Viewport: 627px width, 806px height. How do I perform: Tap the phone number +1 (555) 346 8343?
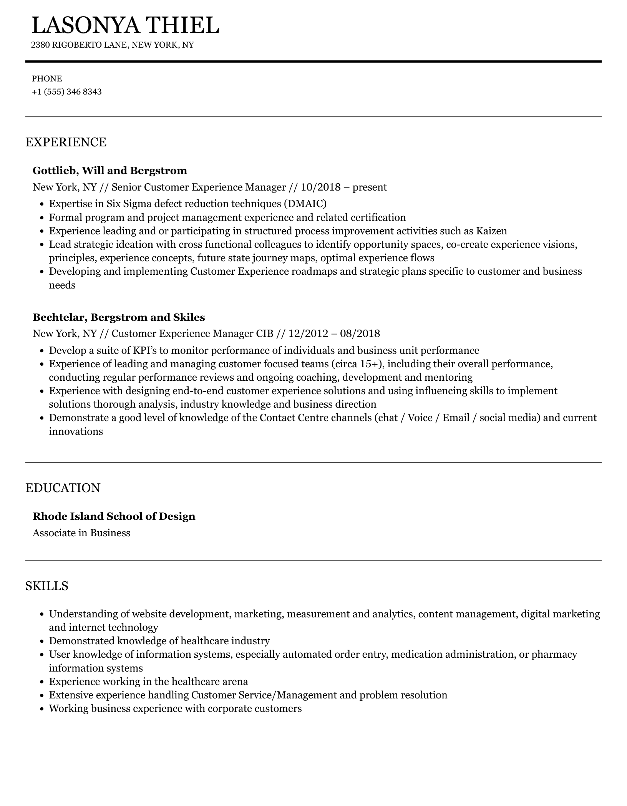67,92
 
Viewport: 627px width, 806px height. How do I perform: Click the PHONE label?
47,79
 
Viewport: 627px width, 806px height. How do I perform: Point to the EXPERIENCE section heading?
66,142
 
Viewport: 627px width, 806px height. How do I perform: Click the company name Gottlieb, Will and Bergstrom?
110,170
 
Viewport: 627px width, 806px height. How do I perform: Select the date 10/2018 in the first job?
320,187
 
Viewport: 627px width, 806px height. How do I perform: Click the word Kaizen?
491,231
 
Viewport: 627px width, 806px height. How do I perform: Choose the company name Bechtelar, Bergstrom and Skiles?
119,317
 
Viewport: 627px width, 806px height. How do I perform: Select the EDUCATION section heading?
63,488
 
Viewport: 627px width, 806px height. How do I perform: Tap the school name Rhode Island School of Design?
114,516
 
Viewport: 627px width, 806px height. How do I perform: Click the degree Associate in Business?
81,533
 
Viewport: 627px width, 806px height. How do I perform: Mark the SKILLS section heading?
47,586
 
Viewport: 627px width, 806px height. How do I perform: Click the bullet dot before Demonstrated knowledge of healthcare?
43,641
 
